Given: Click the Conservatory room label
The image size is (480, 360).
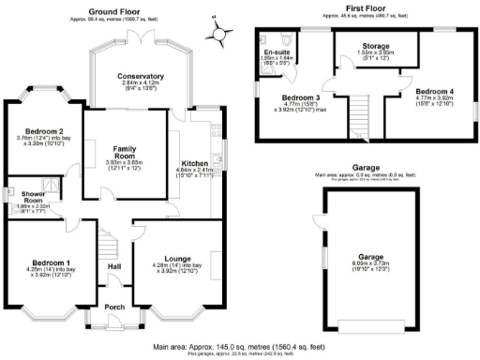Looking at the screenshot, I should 141,76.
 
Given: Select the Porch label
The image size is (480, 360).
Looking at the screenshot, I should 113,307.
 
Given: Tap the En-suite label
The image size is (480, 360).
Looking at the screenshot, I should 277,52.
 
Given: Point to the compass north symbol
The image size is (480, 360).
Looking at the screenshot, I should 219,34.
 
